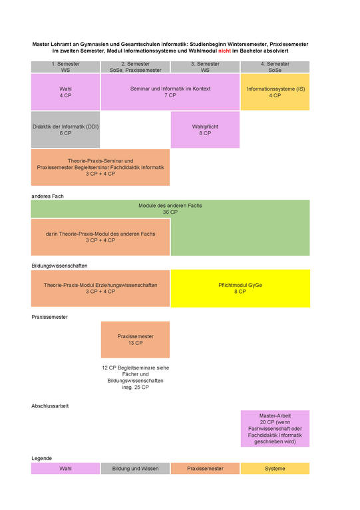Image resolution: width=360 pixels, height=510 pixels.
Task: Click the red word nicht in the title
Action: click(x=224, y=51)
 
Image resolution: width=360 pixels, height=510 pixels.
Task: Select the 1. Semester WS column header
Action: click(x=65, y=67)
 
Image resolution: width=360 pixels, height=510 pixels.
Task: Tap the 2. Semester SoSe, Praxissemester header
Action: click(x=135, y=67)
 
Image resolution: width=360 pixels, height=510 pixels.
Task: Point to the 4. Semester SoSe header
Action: click(x=275, y=67)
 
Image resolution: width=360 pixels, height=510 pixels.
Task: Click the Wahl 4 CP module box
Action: click(x=65, y=92)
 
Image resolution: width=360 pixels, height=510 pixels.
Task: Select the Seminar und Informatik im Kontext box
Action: click(x=170, y=92)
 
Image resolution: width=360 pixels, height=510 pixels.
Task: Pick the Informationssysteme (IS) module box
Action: click(x=275, y=92)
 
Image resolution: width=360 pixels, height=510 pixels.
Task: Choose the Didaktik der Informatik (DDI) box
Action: click(x=65, y=130)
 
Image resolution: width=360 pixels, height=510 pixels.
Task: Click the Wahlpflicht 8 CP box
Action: click(x=205, y=130)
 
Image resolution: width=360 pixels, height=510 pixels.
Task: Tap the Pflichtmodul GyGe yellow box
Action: click(x=240, y=288)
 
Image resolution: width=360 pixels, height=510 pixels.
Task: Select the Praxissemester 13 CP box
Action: click(x=135, y=340)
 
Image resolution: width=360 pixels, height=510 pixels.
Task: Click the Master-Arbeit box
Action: click(x=275, y=428)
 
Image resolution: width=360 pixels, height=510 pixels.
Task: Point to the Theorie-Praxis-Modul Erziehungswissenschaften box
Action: click(x=100, y=288)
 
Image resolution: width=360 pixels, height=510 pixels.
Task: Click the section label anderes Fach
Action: click(x=47, y=196)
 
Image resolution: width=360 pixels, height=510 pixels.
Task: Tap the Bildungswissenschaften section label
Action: click(x=59, y=266)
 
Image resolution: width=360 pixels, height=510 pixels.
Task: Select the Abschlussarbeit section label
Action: click(x=50, y=406)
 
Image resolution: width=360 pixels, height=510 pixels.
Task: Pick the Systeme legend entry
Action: click(x=275, y=468)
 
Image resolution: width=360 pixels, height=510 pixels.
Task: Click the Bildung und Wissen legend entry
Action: click(x=135, y=468)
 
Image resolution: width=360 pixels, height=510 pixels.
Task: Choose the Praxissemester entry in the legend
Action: click(x=205, y=468)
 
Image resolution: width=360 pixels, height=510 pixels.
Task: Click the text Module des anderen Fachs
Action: click(x=170, y=206)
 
